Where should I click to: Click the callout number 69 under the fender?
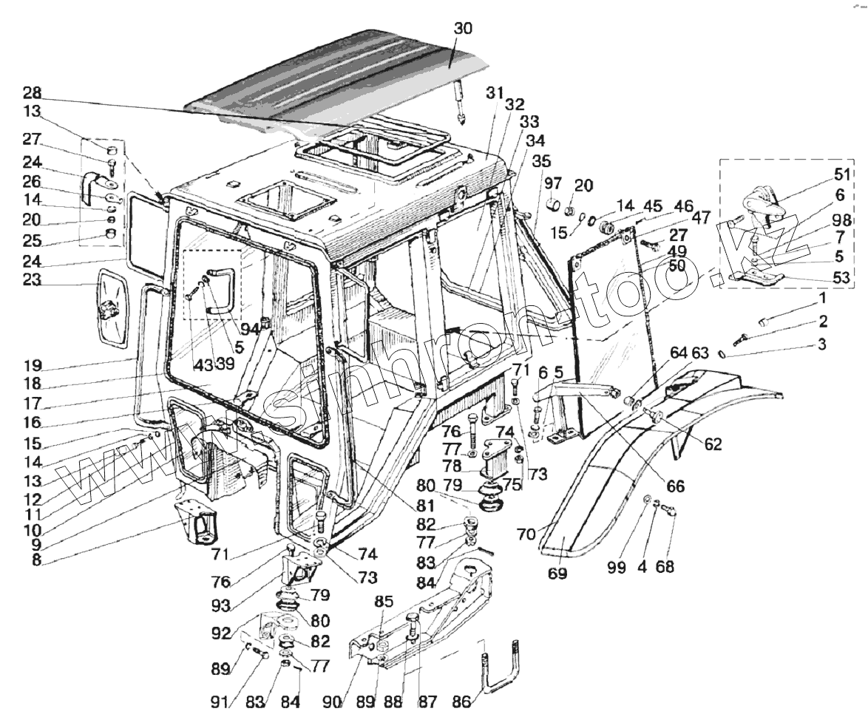[x=558, y=573]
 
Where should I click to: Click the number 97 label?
[x=554, y=183]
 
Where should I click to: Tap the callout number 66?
[x=674, y=486]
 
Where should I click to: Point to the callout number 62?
[x=712, y=444]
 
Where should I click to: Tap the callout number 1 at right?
[x=821, y=298]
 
